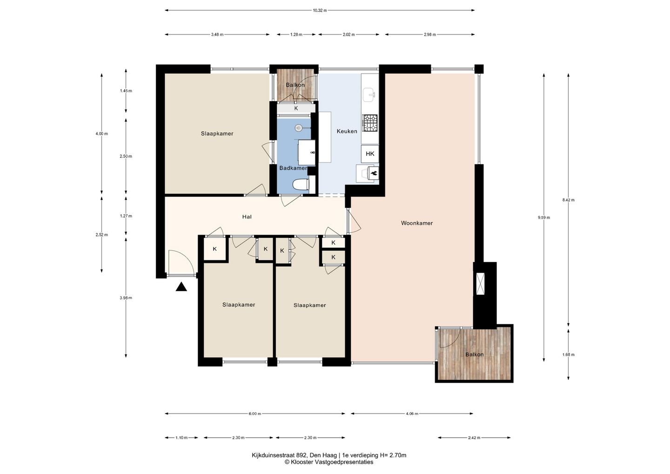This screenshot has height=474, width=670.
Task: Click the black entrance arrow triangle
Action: click(x=181, y=287)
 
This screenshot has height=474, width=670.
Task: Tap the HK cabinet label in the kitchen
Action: click(x=370, y=154)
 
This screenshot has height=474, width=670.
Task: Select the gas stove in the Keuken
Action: click(x=370, y=122)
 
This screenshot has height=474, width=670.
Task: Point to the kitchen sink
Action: click(x=369, y=95)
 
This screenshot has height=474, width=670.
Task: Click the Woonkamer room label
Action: click(x=417, y=223)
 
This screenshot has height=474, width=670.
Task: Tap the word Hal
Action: click(x=247, y=217)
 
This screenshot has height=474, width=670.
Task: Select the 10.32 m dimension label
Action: click(x=320, y=10)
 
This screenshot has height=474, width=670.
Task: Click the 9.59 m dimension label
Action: click(x=544, y=217)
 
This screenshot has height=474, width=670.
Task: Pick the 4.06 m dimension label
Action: click(x=412, y=413)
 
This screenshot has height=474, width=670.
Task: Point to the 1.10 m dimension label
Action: click(x=181, y=438)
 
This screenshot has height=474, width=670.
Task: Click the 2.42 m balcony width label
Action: click(x=474, y=438)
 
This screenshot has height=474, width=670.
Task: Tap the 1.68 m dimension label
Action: click(x=568, y=355)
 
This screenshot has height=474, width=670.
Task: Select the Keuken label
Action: click(x=347, y=131)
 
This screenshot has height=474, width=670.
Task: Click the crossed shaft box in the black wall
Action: click(x=480, y=284)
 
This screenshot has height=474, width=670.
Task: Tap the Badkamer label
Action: click(x=293, y=168)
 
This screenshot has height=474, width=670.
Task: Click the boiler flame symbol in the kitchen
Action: click(x=373, y=173)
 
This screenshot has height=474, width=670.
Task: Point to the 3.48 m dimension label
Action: click(x=217, y=34)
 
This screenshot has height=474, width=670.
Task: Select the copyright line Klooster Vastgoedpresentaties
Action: click(x=328, y=462)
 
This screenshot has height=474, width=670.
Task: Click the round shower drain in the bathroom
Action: click(x=299, y=128)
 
